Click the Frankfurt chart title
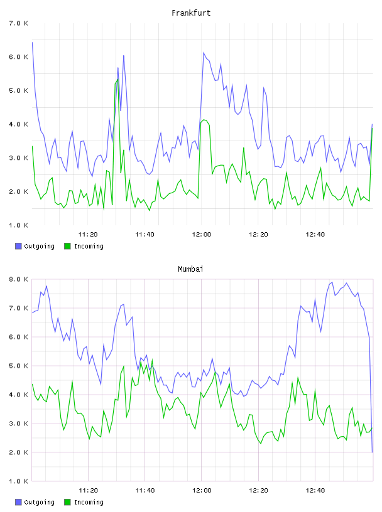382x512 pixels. tap(191, 13)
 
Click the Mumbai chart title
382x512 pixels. tap(190, 269)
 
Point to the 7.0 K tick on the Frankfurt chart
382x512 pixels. tap(19, 23)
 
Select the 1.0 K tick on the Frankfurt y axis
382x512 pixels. tap(19, 225)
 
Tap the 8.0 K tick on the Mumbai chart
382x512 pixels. tap(19, 279)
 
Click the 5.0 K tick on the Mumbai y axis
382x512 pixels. tap(19, 366)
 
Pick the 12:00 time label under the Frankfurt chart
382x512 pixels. tap(202, 235)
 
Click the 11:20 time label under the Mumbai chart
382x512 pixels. tap(89, 491)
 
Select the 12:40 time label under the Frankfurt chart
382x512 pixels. tap(315, 235)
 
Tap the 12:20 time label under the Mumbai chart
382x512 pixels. tap(258, 491)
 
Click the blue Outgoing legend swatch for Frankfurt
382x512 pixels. tap(18, 246)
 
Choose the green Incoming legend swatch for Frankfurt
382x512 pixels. tap(67, 246)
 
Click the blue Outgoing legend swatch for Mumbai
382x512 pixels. tap(18, 502)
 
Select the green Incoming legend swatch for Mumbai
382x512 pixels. tap(67, 502)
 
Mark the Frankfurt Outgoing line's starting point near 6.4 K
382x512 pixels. tap(32, 42)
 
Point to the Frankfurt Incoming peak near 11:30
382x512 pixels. tap(117, 79)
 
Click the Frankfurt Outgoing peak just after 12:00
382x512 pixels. tap(204, 53)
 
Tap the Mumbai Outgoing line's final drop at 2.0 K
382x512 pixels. tap(372, 452)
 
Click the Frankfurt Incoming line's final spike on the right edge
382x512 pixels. tap(372, 128)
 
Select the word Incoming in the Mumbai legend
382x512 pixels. tap(89, 503)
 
